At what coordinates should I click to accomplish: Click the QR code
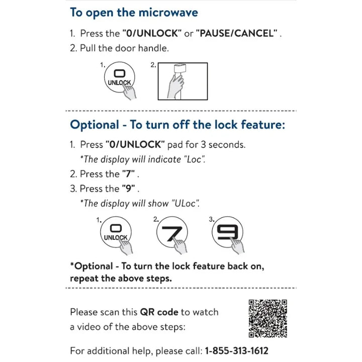268,318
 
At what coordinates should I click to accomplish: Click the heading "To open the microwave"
134,13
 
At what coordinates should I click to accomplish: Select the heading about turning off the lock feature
177,124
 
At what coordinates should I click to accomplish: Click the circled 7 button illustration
172,233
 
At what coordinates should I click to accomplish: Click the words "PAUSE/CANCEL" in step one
237,34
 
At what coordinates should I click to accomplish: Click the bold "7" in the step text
129,174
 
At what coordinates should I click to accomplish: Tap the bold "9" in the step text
129,189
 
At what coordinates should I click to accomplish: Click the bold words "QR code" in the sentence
159,312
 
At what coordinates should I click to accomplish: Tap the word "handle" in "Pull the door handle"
154,48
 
